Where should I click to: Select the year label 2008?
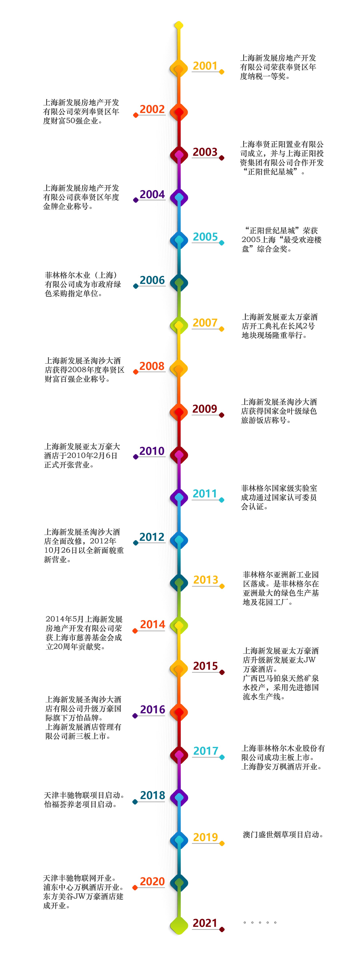[152, 366]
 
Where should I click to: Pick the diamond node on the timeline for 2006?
[179, 283]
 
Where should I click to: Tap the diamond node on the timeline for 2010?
[179, 455]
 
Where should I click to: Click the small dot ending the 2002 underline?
[136, 115]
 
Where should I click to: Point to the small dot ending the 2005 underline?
[222, 243]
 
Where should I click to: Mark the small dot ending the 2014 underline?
[135, 631]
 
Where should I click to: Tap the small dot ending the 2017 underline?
[222, 757]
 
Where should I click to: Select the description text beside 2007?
[280, 326]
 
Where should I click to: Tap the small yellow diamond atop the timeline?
[179, 25]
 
